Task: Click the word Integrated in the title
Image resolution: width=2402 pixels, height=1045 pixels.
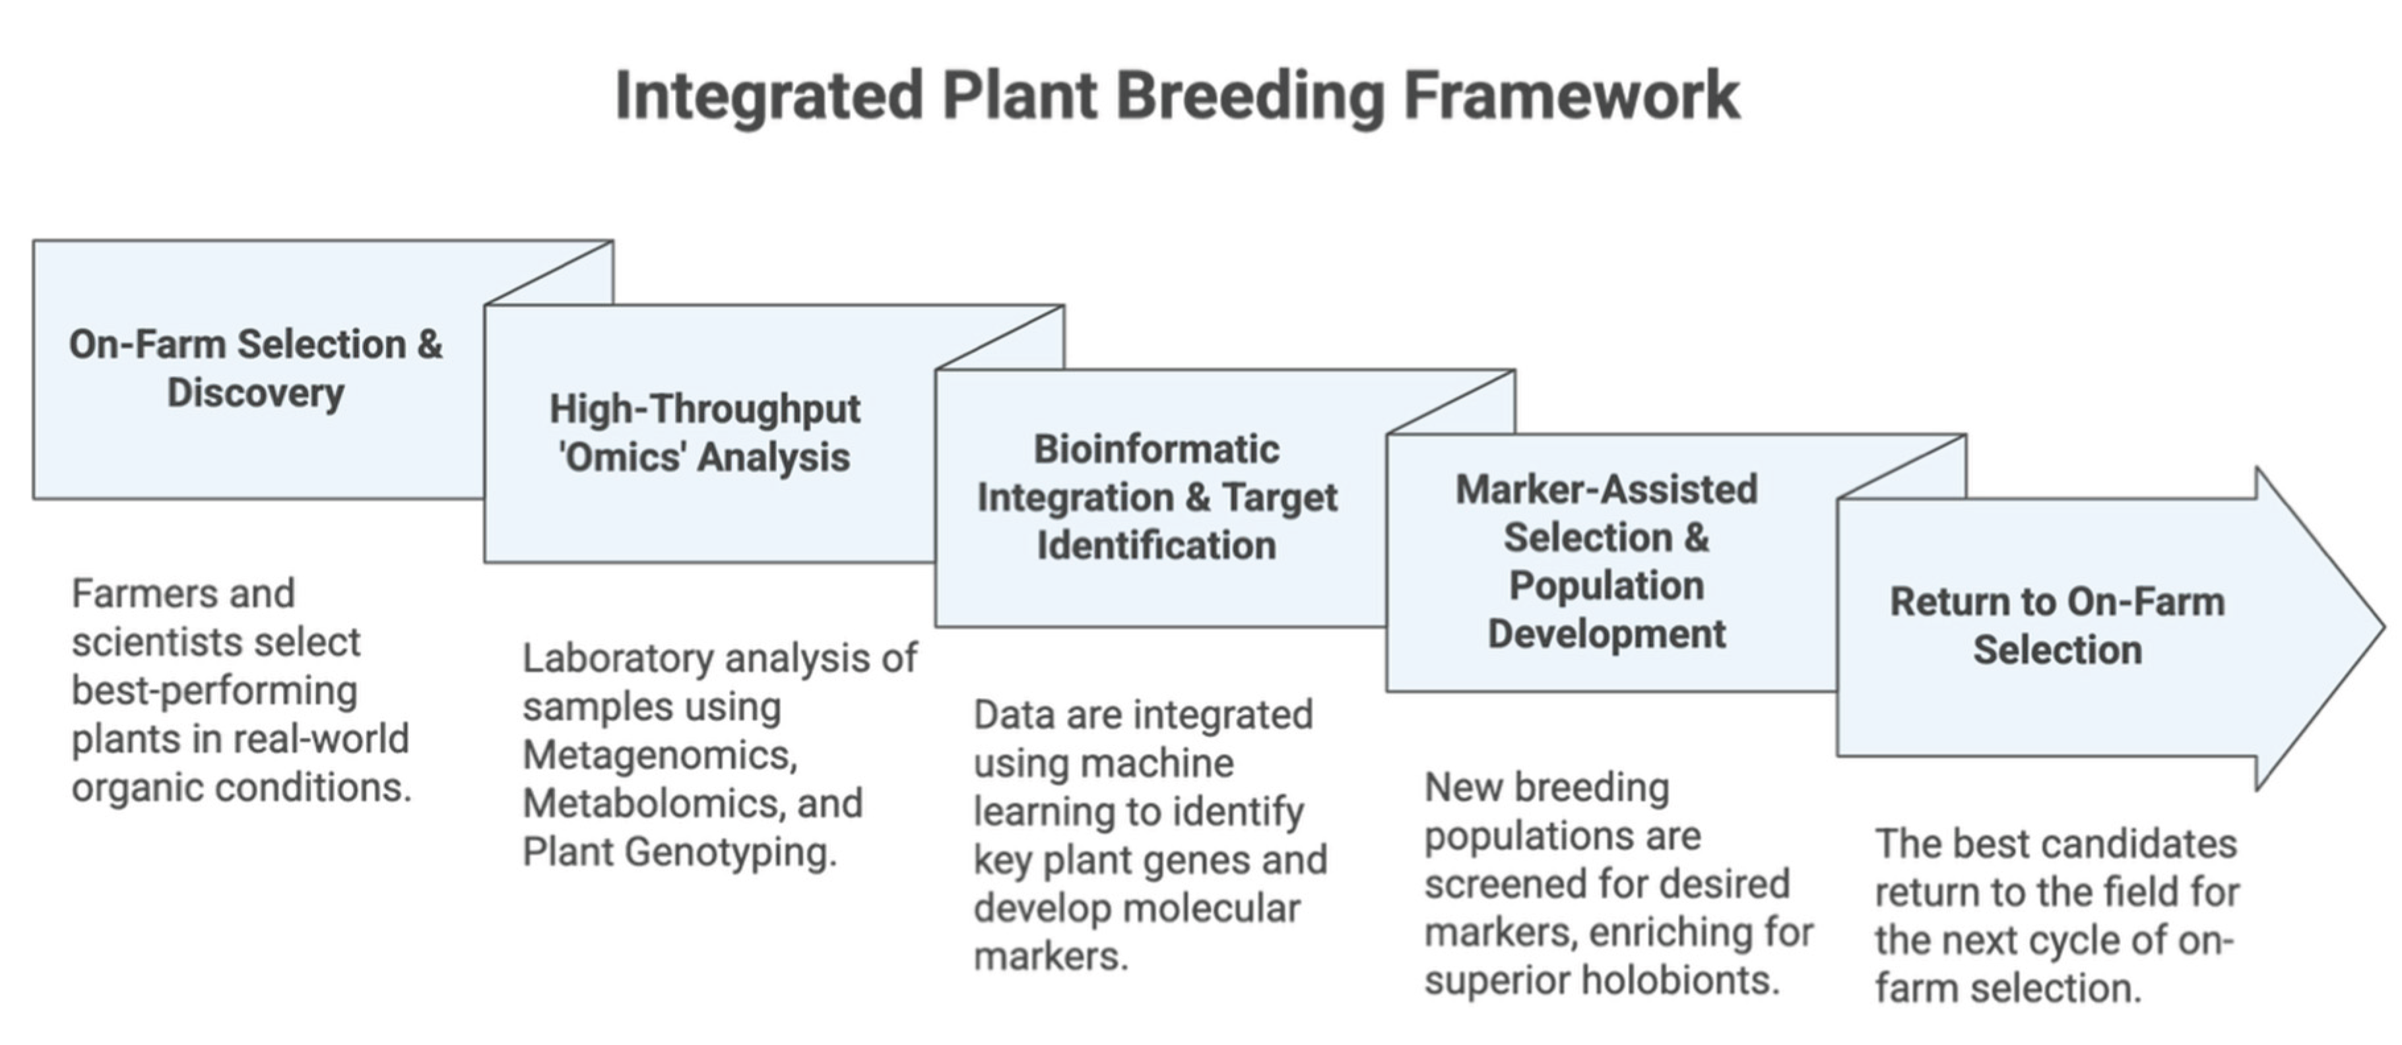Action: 769,98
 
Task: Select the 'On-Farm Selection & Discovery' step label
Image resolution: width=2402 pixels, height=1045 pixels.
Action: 255,368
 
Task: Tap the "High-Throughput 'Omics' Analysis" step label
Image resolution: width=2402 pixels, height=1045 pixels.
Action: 705,433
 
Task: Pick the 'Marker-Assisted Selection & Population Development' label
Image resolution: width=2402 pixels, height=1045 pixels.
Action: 1607,561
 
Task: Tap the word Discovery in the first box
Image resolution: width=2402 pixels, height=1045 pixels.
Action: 255,393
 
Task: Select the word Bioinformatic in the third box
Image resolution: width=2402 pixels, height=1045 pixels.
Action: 1156,449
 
